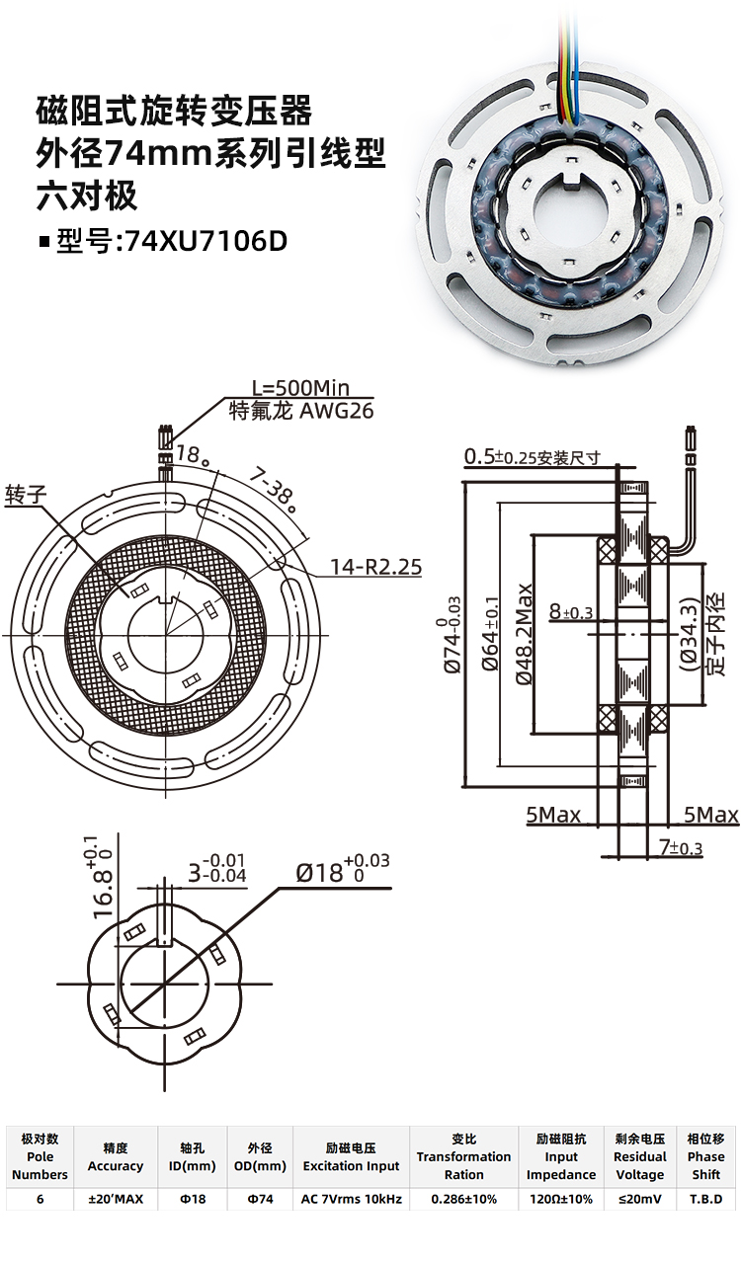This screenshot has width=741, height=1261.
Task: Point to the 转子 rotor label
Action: (26, 495)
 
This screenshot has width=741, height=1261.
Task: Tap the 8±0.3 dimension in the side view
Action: (570, 612)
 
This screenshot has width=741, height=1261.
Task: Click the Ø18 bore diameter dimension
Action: (342, 871)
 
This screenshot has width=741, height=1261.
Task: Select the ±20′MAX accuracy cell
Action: (116, 1200)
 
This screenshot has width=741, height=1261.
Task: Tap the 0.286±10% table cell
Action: (463, 1200)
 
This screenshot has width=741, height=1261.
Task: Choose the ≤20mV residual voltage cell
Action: (640, 1200)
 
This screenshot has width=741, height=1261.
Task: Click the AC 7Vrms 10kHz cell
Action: (351, 1200)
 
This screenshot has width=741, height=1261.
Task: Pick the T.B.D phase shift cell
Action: (705, 1200)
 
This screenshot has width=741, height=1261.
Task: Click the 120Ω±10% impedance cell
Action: (560, 1200)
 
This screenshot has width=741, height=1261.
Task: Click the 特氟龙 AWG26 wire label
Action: (301, 411)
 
